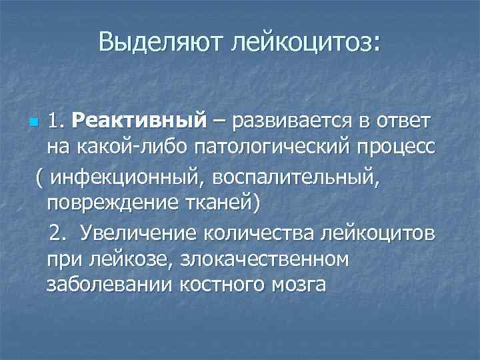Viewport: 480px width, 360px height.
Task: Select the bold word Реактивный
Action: tap(138, 122)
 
